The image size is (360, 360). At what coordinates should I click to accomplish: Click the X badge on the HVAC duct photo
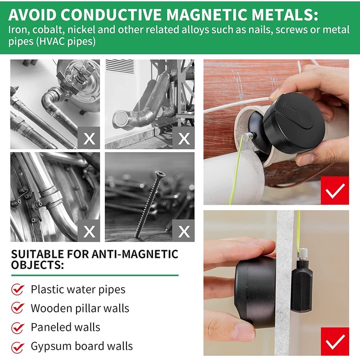click(x=183, y=138)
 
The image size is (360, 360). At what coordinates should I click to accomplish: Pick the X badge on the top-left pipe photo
click(x=89, y=138)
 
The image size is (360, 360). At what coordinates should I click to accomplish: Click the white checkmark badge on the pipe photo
click(x=334, y=191)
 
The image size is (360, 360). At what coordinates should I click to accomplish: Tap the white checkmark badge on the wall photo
click(x=334, y=342)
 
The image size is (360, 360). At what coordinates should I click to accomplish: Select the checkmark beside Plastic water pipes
click(x=18, y=289)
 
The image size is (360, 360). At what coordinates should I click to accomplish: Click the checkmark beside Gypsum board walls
click(x=18, y=347)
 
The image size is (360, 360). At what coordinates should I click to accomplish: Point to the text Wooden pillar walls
click(x=80, y=308)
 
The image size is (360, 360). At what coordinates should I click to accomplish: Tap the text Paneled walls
click(x=65, y=327)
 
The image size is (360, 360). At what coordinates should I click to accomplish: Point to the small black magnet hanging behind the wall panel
click(x=301, y=288)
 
